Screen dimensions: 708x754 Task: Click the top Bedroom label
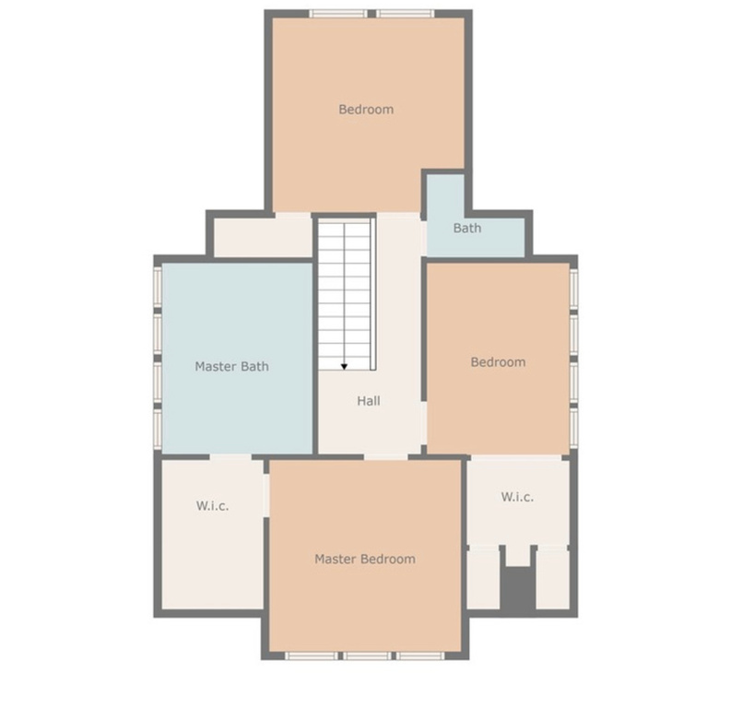(366, 110)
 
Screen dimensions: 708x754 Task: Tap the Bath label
(466, 229)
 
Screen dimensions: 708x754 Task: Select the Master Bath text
(231, 367)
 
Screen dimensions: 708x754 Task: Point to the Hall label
(369, 401)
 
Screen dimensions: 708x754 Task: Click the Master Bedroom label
(364, 560)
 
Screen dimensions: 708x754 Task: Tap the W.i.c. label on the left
(212, 506)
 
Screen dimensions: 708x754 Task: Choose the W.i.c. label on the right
(517, 497)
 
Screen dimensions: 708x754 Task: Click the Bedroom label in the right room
(498, 362)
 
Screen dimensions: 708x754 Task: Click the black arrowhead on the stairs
(344, 367)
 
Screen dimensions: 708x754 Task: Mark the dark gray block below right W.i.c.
(517, 588)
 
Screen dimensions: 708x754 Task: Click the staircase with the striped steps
(345, 286)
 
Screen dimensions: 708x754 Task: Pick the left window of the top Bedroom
(338, 14)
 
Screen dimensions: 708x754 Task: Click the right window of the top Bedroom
(405, 14)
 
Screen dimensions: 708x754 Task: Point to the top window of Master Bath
(158, 286)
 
